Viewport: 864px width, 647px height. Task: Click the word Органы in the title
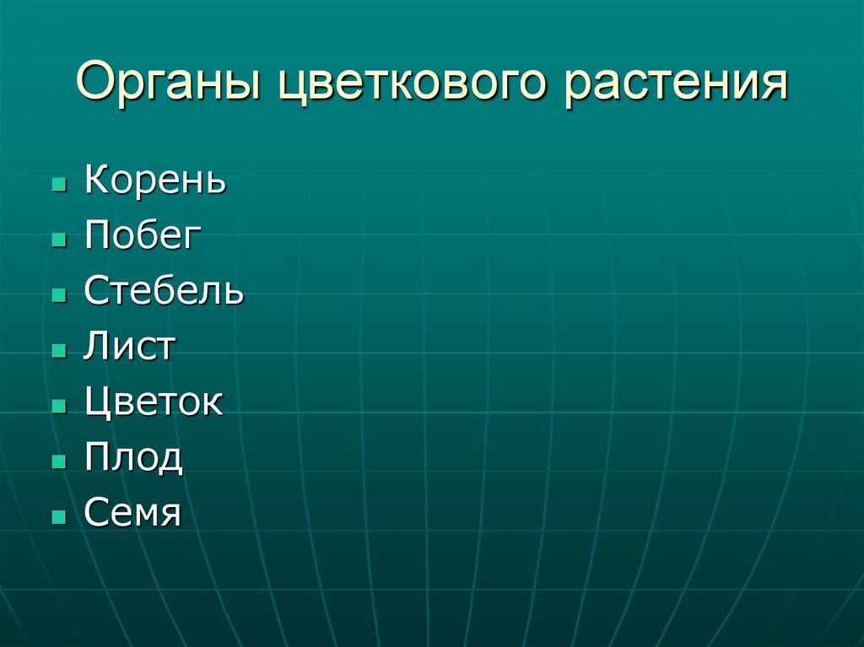click(163, 86)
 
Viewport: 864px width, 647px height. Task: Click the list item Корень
click(155, 181)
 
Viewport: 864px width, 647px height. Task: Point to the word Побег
click(143, 236)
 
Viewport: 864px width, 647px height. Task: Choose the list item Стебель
click(164, 291)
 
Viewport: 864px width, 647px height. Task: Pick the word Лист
click(129, 347)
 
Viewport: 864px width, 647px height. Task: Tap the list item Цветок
click(154, 402)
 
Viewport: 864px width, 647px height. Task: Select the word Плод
click(133, 458)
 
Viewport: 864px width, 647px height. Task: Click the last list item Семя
click(132, 513)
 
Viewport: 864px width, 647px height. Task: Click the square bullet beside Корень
click(58, 184)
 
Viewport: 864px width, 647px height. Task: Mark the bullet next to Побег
click(58, 240)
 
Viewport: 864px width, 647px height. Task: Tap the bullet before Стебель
click(58, 295)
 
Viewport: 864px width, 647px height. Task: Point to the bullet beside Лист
click(58, 351)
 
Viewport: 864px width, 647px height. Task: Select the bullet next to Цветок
click(58, 407)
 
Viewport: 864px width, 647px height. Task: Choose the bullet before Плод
click(58, 461)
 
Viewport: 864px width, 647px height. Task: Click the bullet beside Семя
click(58, 517)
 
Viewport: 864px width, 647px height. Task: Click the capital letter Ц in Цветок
click(97, 403)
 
